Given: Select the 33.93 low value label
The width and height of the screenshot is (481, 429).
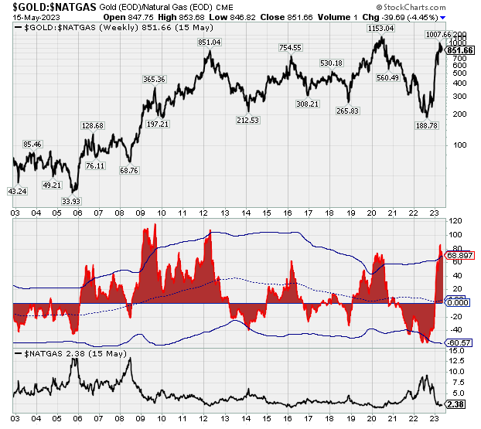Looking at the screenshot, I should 71,201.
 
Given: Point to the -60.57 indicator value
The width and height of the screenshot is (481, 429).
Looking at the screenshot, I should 460,342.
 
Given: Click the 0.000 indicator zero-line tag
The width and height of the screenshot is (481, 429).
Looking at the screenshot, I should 459,303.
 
